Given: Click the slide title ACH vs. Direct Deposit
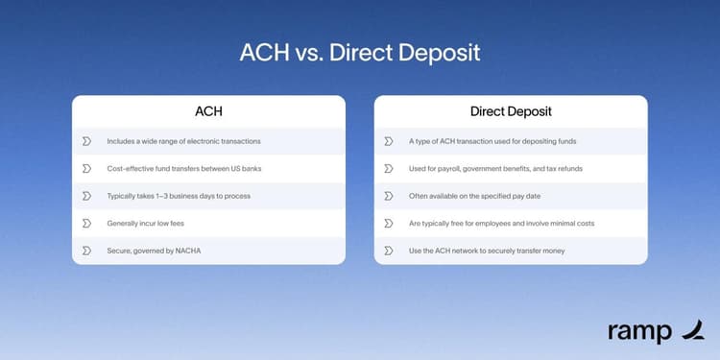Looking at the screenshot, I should click(360, 52).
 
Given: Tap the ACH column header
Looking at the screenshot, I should click(208, 111).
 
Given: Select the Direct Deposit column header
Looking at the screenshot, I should click(510, 111).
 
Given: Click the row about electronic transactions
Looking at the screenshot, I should click(183, 141).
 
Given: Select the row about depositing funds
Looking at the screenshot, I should click(492, 141).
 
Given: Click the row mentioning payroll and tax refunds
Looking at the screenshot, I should click(494, 168).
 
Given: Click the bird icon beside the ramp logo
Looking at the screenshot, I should click(691, 330).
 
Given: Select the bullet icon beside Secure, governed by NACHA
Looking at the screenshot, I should click(86, 251).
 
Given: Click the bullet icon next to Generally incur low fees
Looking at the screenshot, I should click(86, 223).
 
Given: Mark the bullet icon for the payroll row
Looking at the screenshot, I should click(389, 168).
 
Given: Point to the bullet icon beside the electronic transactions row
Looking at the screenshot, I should click(86, 141).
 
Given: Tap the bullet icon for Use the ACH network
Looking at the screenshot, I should click(389, 251).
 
